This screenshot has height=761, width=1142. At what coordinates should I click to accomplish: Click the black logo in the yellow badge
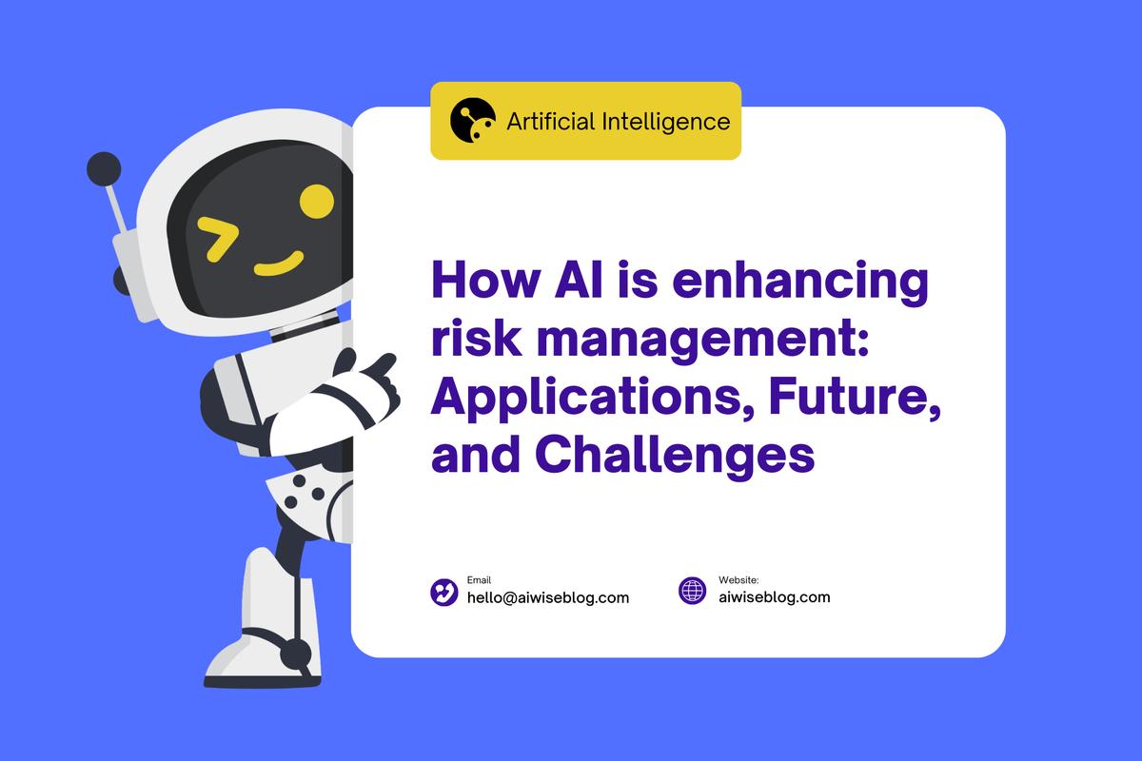pyautogui.click(x=473, y=121)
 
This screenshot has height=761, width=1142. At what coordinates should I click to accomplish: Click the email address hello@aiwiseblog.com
pyautogui.click(x=547, y=597)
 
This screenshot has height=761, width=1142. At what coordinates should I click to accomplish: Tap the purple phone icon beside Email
pyautogui.click(x=444, y=592)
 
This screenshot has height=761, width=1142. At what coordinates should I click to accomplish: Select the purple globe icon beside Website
pyautogui.click(x=693, y=591)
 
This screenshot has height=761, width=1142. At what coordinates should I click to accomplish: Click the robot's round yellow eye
pyautogui.click(x=316, y=200)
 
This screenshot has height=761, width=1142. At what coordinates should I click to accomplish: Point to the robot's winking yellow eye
pyautogui.click(x=218, y=238)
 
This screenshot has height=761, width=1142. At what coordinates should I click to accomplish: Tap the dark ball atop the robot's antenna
pyautogui.click(x=103, y=169)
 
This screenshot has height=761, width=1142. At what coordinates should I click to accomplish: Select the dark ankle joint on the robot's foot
pyautogui.click(x=295, y=653)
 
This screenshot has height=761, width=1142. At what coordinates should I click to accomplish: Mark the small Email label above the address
pyautogui.click(x=479, y=580)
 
